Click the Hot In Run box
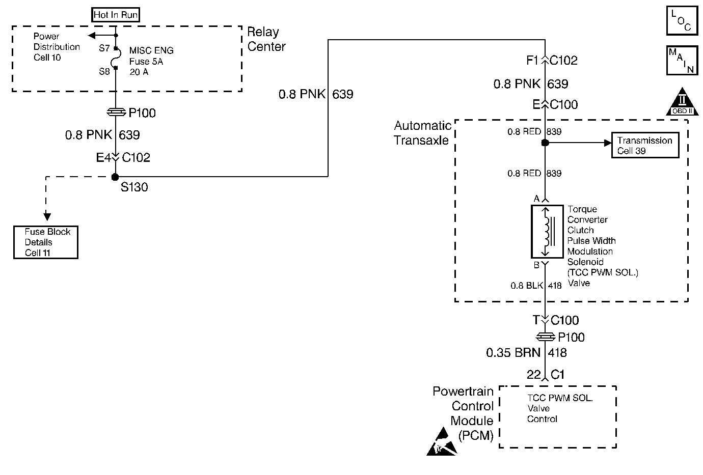(x=116, y=15)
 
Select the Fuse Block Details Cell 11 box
(x=46, y=242)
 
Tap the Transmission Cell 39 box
(x=645, y=146)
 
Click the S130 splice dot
(x=116, y=177)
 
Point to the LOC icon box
(x=682, y=21)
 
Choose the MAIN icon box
(x=682, y=61)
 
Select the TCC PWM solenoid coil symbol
(x=546, y=232)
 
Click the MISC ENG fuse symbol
(x=116, y=59)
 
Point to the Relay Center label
(x=266, y=39)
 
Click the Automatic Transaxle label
(x=423, y=132)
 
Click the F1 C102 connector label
(x=552, y=61)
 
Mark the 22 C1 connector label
(x=546, y=375)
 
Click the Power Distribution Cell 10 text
(x=57, y=47)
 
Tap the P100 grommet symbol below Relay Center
(x=116, y=112)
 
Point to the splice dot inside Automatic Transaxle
(x=545, y=143)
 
